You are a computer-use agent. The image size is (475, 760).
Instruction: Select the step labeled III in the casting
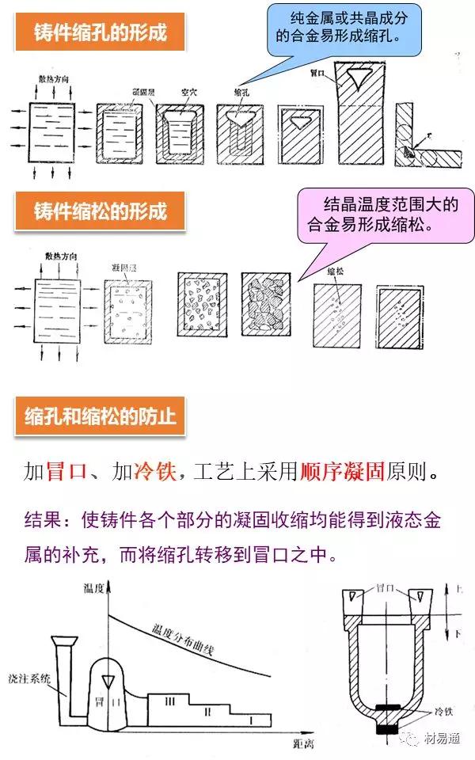pyautogui.click(x=173, y=700)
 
